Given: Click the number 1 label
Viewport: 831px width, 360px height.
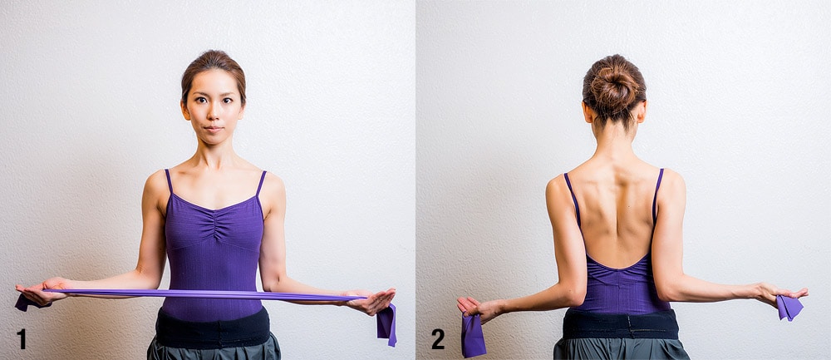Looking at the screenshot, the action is point(22,338).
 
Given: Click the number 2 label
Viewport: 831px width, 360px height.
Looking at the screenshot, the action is point(438,338).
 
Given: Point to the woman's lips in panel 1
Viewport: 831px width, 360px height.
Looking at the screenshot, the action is point(213,128).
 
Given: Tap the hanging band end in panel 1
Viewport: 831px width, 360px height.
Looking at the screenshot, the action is point(386,324).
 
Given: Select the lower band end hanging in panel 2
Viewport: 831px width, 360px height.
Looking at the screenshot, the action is point(473,335).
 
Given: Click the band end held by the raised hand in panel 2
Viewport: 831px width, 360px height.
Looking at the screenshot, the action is point(789,308).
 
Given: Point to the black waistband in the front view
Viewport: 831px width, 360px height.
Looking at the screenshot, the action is point(213,327).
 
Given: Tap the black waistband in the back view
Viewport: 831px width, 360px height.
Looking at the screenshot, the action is point(620,324).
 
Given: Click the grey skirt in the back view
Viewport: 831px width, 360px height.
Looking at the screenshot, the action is point(622,349).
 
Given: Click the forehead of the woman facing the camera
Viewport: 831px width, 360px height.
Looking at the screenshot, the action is point(213,81).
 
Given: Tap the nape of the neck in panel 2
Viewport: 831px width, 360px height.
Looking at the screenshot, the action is point(615,137).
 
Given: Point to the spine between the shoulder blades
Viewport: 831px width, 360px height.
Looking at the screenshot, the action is point(617,201).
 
